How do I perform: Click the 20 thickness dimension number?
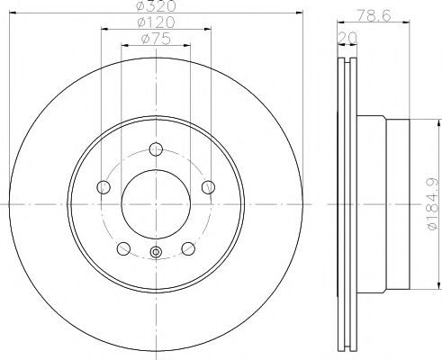[342, 36]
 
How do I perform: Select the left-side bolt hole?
[103, 187]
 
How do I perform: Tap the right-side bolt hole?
[209, 187]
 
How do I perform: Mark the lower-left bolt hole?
[122, 249]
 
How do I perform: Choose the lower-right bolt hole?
[188, 249]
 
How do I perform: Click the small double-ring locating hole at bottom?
[156, 252]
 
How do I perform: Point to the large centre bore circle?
[156, 205]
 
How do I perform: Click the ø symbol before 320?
[142, 6]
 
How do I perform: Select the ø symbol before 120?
[142, 22]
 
